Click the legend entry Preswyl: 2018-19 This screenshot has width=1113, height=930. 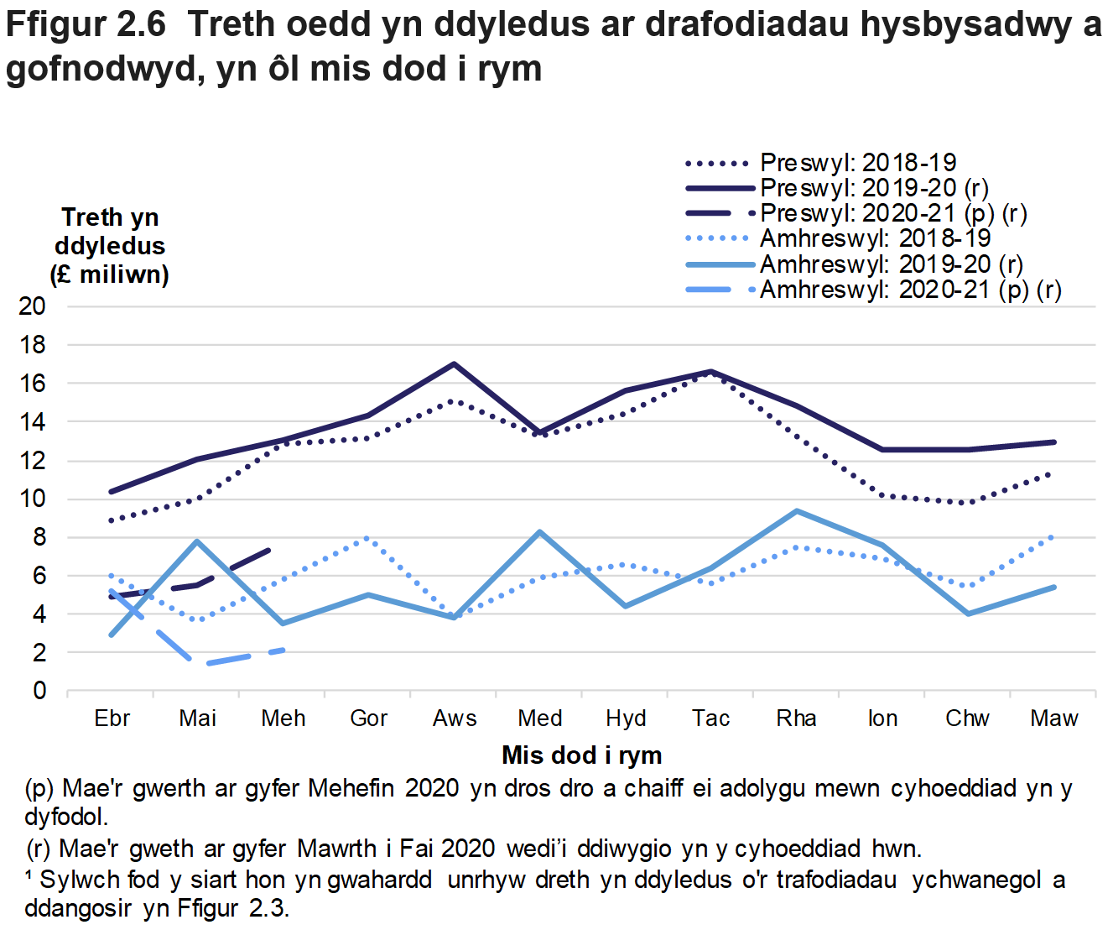coord(857,163)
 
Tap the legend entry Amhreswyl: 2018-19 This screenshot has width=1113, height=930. coord(875,239)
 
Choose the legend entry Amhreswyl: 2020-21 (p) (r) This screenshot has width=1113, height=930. coord(910,290)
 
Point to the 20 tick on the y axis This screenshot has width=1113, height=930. coord(32,306)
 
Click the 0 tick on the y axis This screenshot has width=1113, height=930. coord(39,691)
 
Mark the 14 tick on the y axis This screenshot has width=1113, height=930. coord(32,422)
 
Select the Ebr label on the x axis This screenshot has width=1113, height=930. coord(112,718)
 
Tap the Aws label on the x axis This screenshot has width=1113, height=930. coord(454,718)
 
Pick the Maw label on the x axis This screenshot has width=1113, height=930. coord(1053,718)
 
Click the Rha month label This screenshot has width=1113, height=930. coord(796,718)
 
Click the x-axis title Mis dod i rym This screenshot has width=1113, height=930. coord(581,755)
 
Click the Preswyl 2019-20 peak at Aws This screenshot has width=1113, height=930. coord(454,364)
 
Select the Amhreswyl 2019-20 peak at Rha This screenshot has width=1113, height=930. coord(796,511)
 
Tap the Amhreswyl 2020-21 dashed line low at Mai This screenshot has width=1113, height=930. coord(198,663)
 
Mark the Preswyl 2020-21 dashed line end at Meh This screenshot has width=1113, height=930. coord(268,550)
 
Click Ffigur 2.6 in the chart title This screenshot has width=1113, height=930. coord(86,25)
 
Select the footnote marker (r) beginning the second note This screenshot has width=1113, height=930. coord(39,849)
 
